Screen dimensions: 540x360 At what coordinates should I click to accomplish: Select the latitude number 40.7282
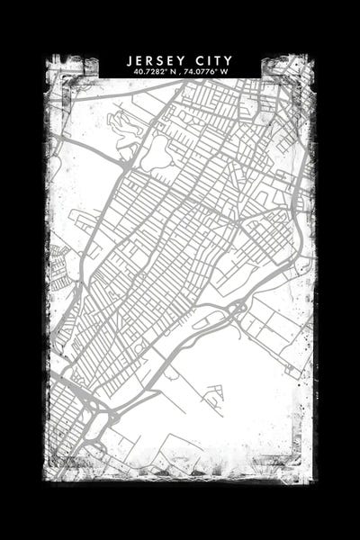click(x=148, y=71)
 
